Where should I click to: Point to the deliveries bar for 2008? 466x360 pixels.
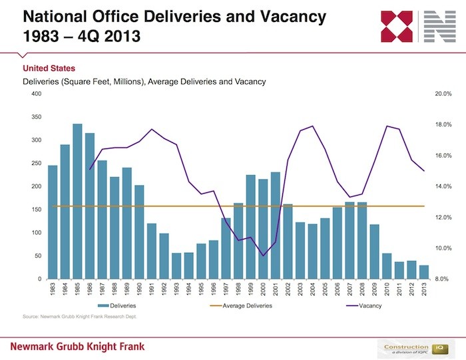362,240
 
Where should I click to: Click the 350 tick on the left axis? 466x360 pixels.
36,117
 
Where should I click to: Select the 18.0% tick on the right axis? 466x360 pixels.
443,124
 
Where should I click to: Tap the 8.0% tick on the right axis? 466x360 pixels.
443,279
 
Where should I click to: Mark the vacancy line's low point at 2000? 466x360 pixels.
263,256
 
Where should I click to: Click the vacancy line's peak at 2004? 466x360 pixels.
313,126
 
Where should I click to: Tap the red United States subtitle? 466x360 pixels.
49,69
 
